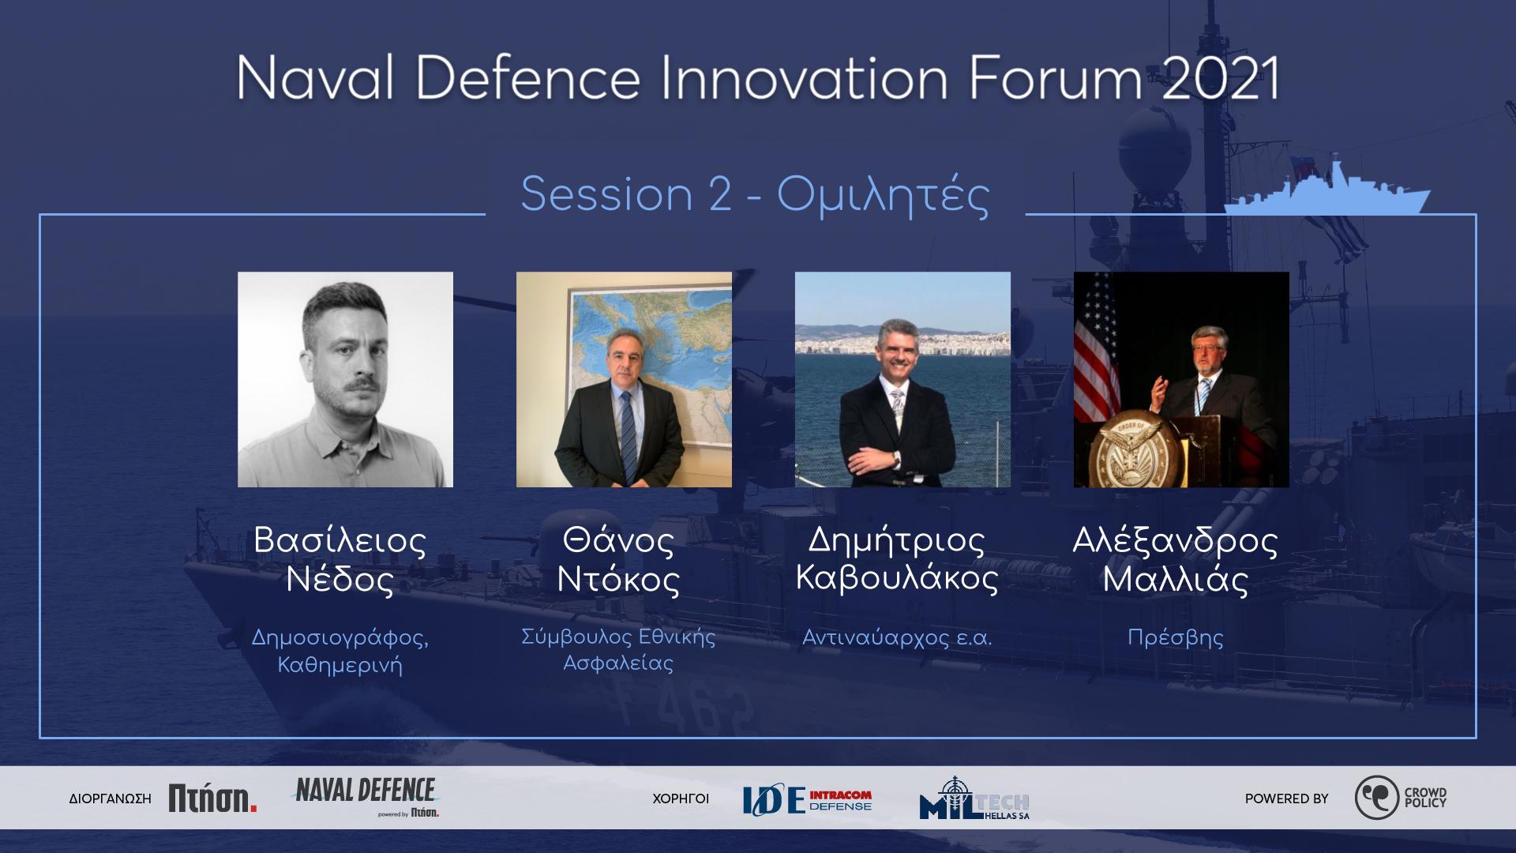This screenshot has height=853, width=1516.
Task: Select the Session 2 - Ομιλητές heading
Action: (755, 195)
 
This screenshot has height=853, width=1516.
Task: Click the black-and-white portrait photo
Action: (345, 379)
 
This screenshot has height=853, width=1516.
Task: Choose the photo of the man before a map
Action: (624, 379)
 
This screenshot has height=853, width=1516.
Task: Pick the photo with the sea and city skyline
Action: (902, 379)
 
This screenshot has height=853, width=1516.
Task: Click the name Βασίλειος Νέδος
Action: (340, 560)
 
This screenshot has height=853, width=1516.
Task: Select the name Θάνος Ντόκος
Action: (618, 560)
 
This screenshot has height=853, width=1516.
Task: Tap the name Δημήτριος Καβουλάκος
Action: (897, 560)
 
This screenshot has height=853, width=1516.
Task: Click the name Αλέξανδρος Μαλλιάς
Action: (1175, 560)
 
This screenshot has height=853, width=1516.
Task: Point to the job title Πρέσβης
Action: (1176, 637)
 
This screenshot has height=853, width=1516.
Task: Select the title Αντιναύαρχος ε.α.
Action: (897, 637)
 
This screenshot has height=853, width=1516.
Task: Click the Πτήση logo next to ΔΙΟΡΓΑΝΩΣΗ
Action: (212, 799)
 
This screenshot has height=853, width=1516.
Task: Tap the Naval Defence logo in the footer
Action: (365, 796)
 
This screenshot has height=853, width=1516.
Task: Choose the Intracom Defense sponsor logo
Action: (807, 800)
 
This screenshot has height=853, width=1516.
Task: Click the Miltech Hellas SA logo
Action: (974, 799)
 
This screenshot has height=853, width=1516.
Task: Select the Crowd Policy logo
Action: (1401, 798)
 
